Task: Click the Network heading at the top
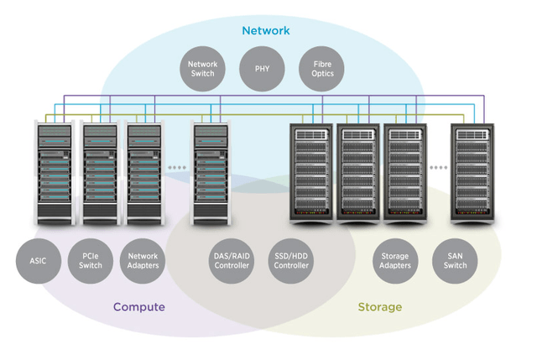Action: [x=266, y=31]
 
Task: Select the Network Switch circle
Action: [x=202, y=69]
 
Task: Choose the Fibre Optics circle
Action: [x=323, y=69]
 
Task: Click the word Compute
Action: [x=139, y=307]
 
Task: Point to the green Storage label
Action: [x=380, y=307]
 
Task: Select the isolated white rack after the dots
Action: [x=211, y=174]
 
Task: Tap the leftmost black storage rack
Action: [x=311, y=174]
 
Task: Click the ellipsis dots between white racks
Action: [x=177, y=168]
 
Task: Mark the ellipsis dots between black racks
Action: [x=438, y=168]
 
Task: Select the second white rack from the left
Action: [x=101, y=174]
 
